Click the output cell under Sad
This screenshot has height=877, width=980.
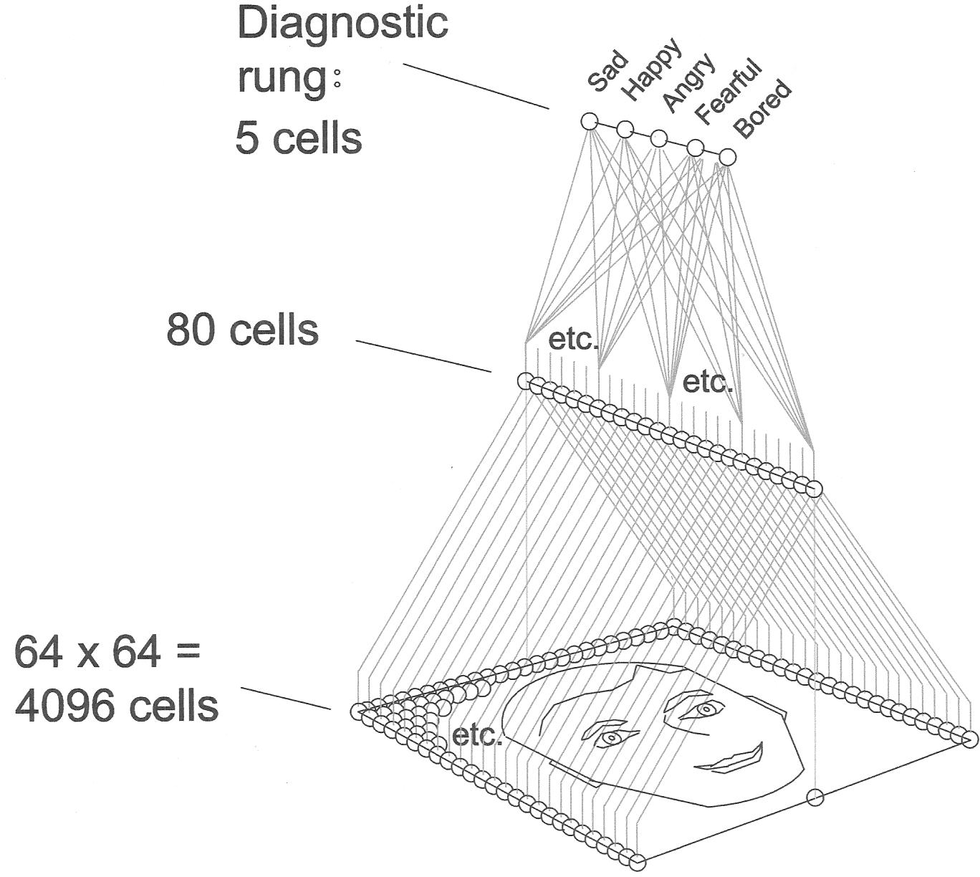tap(589, 121)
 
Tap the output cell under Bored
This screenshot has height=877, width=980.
tap(726, 157)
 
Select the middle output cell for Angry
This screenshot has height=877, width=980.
tap(659, 138)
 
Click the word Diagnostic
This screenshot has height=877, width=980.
tap(342, 23)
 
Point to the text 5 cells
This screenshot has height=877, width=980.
tap(299, 138)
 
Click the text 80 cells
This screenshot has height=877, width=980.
tap(242, 330)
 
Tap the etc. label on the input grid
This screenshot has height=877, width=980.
tap(477, 735)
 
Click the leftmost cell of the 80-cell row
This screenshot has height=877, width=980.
tap(525, 381)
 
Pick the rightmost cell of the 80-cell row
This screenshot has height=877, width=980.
tap(814, 489)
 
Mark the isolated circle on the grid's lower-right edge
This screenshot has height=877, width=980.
tap(815, 797)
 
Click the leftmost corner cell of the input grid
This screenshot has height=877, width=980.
tap(357, 711)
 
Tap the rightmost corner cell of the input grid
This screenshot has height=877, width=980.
tap(969, 739)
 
